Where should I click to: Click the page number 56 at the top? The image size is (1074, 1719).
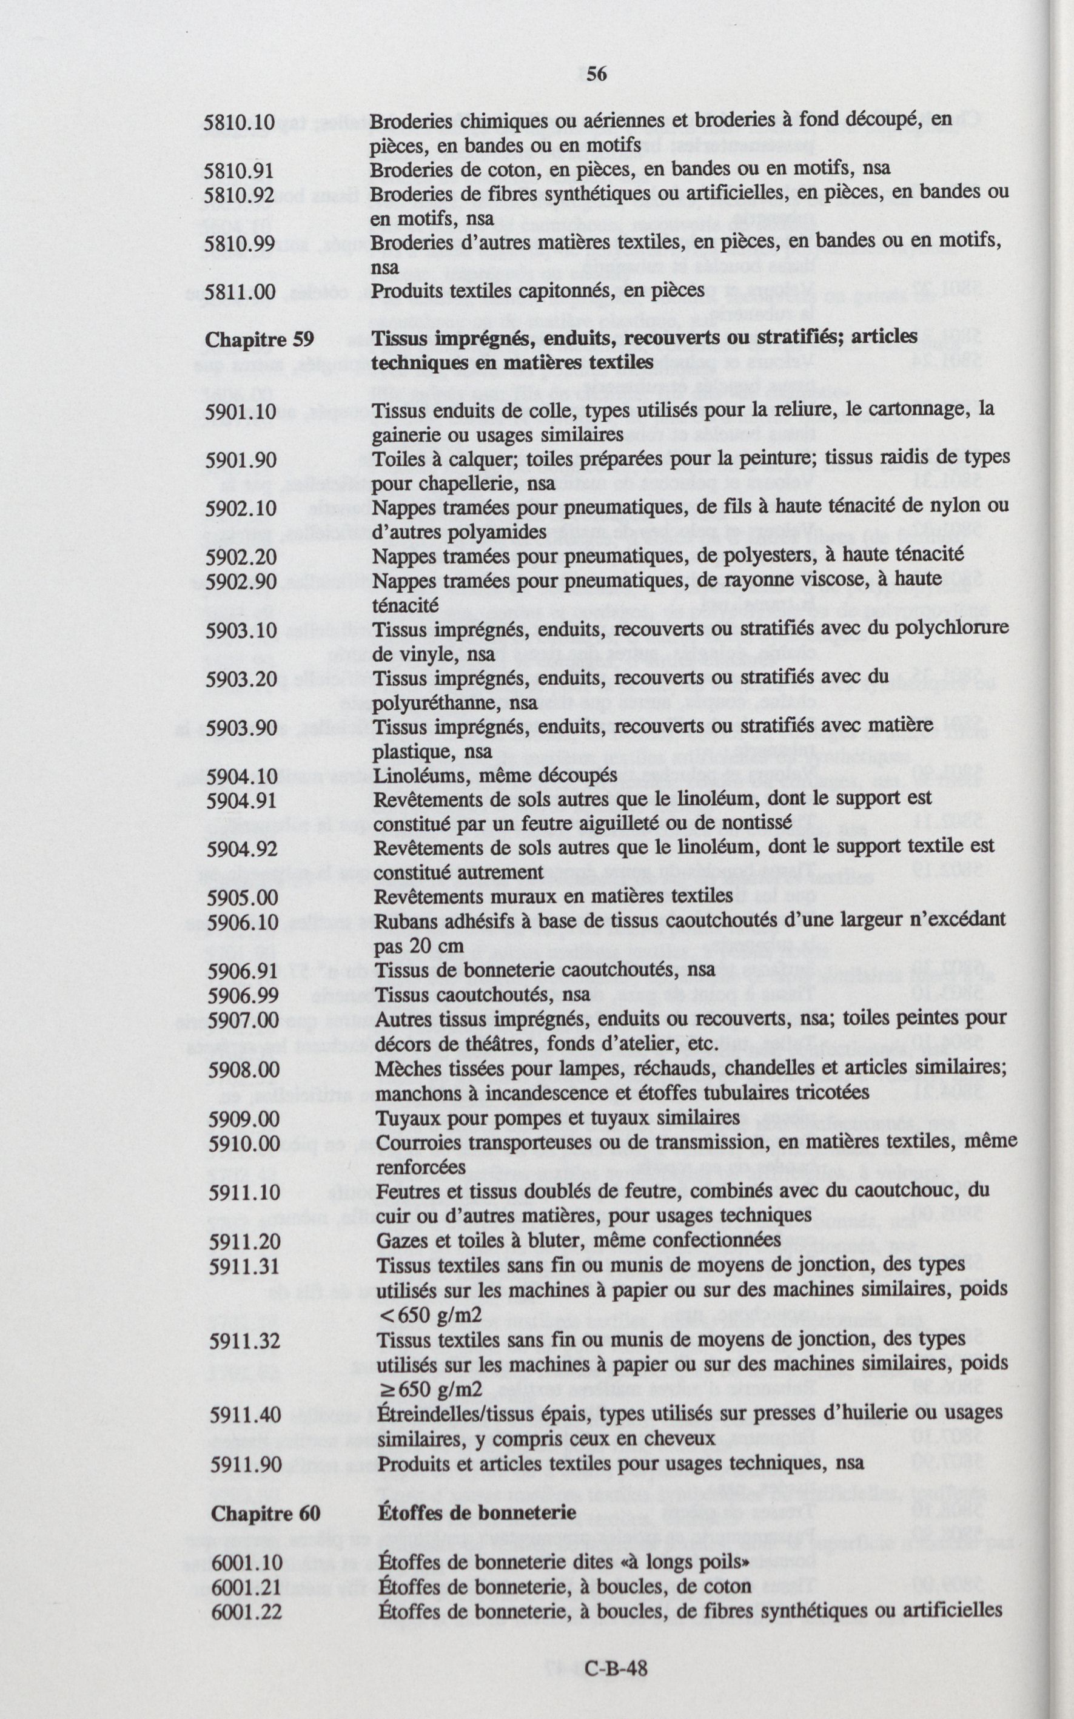[597, 74]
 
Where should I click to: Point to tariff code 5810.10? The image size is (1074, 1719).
[239, 122]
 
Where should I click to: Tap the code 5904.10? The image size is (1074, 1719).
[241, 776]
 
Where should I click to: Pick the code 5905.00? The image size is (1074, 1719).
[242, 898]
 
